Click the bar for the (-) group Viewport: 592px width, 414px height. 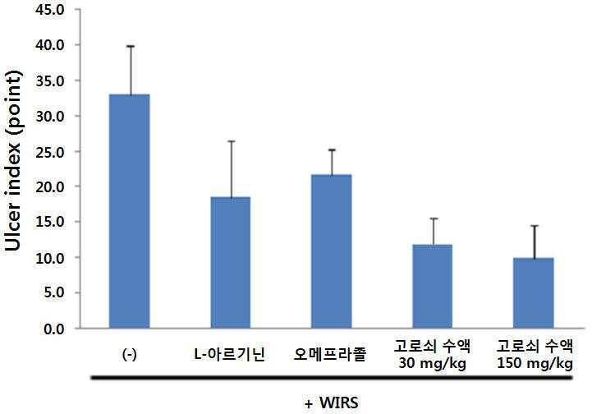coord(130,211)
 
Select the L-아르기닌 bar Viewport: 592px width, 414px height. coord(230,262)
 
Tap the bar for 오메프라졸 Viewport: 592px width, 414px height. coord(332,251)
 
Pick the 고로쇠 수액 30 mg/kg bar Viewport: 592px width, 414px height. coord(433,286)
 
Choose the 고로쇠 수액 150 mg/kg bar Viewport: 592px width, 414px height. coord(534,292)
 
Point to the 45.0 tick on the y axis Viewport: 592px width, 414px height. coord(51,10)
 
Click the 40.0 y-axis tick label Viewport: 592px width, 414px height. coord(51,45)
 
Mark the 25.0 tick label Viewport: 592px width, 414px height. coord(51,151)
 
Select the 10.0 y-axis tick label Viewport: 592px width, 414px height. coord(51,258)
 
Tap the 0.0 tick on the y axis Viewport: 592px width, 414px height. coord(54,329)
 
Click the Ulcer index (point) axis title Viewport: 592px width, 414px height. coord(13,160)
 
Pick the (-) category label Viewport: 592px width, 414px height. coord(130,354)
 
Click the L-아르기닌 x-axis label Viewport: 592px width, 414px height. coord(230,354)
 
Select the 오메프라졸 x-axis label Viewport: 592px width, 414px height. coord(330,354)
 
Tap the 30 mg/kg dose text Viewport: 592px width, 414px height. coord(432,363)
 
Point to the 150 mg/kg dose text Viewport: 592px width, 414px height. coord(535,363)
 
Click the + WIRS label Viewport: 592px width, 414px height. coord(332,402)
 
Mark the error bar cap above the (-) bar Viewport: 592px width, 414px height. coord(131,46)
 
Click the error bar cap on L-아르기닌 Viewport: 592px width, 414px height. coord(231,141)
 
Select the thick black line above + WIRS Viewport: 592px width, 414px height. coord(332,378)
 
